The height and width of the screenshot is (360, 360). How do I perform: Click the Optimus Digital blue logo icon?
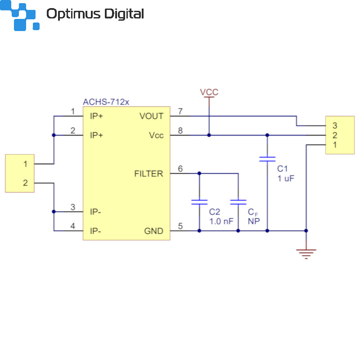pos(20,15)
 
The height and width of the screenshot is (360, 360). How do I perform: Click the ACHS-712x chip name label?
pos(106,102)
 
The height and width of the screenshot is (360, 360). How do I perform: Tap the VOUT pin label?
pos(152,116)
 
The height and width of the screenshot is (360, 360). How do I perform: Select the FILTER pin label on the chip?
pos(149,174)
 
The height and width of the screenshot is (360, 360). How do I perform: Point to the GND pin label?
pos(153,231)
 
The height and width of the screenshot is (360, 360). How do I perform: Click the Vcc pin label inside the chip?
pos(156,135)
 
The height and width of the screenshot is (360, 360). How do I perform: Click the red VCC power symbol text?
pos(209,92)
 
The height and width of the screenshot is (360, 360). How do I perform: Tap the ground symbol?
pos(306,254)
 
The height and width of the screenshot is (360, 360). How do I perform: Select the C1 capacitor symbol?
pos(267,159)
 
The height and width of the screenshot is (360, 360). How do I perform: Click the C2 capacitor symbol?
pos(199,202)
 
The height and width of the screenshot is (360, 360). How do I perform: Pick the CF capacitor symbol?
pos(238,202)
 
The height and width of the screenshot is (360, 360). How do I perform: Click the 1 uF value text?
pos(286,178)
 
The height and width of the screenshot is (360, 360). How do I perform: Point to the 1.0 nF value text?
pos(221,221)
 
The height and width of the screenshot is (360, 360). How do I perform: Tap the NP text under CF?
pos(254,221)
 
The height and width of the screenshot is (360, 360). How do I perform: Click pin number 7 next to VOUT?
pos(180,111)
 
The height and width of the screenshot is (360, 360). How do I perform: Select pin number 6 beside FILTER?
pos(180,169)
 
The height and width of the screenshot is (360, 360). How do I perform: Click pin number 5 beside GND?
pos(180,226)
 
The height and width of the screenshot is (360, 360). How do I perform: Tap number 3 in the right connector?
pos(335,126)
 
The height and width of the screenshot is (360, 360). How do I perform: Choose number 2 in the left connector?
pos(25,183)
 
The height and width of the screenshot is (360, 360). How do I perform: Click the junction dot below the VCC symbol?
pos(209,135)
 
